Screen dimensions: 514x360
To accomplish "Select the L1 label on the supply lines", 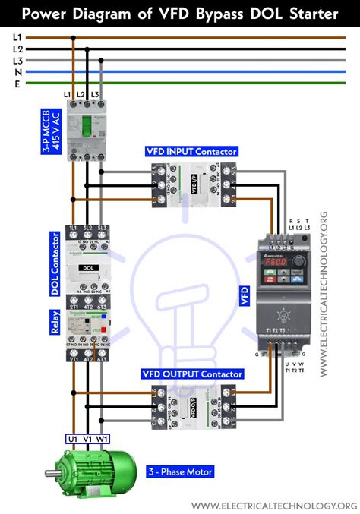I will point(17,36).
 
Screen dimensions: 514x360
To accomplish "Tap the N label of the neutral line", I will point(17,72).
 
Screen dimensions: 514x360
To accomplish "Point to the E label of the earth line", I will point(17,84).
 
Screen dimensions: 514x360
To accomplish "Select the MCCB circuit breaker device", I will point(85,131).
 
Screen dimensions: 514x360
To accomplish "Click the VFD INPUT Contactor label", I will point(191,151).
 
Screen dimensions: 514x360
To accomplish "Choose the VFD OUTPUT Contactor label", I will point(192,374).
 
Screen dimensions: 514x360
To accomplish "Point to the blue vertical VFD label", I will point(245,295).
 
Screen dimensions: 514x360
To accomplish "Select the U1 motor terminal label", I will point(73,438).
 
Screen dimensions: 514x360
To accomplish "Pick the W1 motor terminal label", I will point(103,438).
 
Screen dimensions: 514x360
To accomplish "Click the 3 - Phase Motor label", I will point(182,472).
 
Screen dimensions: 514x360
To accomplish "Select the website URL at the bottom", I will point(273,506).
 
